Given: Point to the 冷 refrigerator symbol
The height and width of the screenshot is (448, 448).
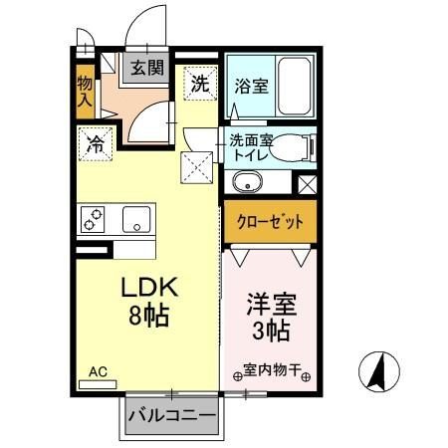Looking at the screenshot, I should [97, 142].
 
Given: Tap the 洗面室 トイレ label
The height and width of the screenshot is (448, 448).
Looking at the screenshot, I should [252, 146].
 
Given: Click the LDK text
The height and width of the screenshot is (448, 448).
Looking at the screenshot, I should [149, 289].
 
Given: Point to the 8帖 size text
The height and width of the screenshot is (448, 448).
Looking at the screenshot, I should [149, 318].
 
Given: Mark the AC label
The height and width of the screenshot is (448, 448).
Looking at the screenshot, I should [98, 371].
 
